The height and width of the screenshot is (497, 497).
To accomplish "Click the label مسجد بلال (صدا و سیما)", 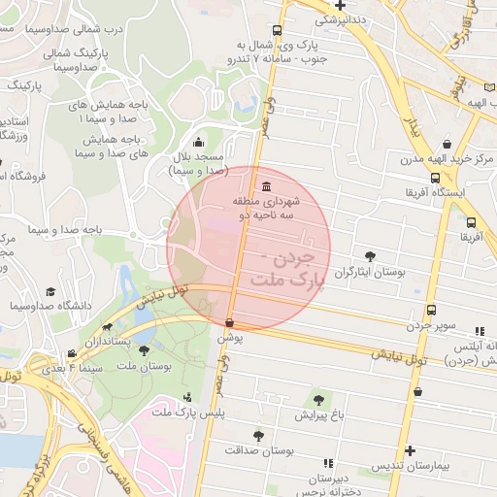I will (198, 162).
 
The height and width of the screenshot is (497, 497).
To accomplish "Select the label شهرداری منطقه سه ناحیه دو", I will (267, 205).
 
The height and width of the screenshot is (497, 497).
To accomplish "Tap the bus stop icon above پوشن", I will (229, 323).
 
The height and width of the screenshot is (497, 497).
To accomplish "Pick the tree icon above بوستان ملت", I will (145, 350).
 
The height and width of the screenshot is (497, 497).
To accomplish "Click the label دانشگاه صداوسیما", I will (50, 306).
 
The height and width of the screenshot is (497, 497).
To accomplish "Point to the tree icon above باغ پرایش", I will (317, 398).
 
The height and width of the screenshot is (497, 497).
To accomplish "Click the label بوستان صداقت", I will (258, 450).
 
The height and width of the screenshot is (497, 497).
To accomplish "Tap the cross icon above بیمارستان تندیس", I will (412, 450).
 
